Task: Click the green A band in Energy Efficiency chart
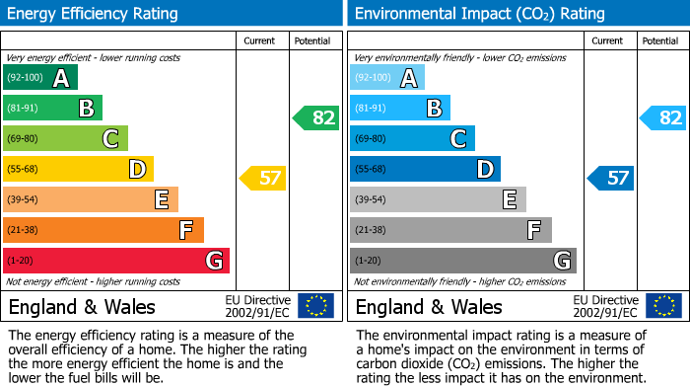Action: coord(39,78)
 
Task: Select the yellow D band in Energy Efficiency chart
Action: coord(78,169)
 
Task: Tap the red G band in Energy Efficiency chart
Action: coord(115,261)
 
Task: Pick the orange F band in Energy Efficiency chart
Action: coord(103,230)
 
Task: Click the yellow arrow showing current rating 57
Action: coord(262,179)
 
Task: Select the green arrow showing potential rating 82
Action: coord(315,117)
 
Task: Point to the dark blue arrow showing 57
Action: coord(610,179)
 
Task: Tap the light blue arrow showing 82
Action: coord(662,117)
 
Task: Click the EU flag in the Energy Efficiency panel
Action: coord(315,305)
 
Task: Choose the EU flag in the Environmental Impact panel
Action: coord(662,305)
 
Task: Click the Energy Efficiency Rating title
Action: coord(94,14)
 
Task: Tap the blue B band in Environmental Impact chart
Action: coord(399,109)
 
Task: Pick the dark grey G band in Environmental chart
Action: coord(462,261)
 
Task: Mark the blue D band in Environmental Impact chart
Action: coord(425,169)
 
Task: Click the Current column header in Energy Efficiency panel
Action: coord(260,40)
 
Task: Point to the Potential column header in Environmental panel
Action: coord(659,40)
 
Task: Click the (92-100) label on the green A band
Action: coord(24,78)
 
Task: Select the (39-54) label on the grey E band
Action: coord(371,199)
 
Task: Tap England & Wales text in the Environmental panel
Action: coord(429,306)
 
